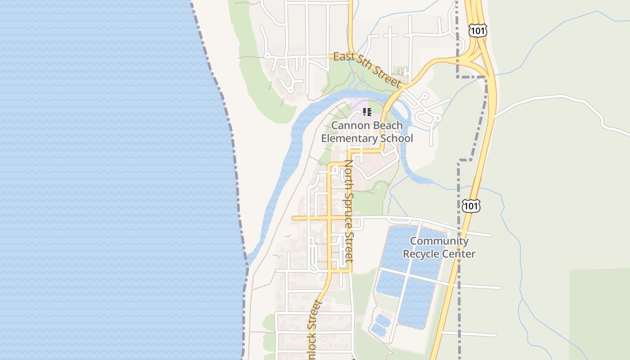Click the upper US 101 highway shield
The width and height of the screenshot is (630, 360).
point(477,31)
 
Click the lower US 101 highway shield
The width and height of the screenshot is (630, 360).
point(471,206)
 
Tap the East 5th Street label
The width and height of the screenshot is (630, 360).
point(367,69)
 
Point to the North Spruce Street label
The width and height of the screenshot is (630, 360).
point(349,211)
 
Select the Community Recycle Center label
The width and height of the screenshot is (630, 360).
point(439,247)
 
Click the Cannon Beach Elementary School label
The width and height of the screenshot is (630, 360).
point(367,132)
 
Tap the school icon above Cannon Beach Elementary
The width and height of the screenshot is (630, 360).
point(367,112)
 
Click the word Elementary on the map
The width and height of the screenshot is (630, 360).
point(349,138)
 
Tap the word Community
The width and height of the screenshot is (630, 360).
point(439,241)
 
